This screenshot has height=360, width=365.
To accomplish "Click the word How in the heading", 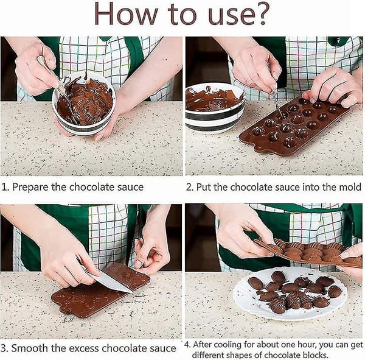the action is point(126,14).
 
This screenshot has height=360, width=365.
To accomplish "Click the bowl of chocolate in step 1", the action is point(84,104).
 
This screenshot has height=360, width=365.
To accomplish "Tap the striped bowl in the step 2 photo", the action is point(214,107).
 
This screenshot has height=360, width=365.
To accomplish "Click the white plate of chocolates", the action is point(290,294).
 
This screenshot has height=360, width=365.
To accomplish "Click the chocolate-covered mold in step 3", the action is point(100,291).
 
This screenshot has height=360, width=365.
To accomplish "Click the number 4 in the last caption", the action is point(187,345).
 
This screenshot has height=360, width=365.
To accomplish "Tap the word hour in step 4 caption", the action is point(307,344).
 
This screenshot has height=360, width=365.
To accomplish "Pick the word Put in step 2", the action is point(204,187).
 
